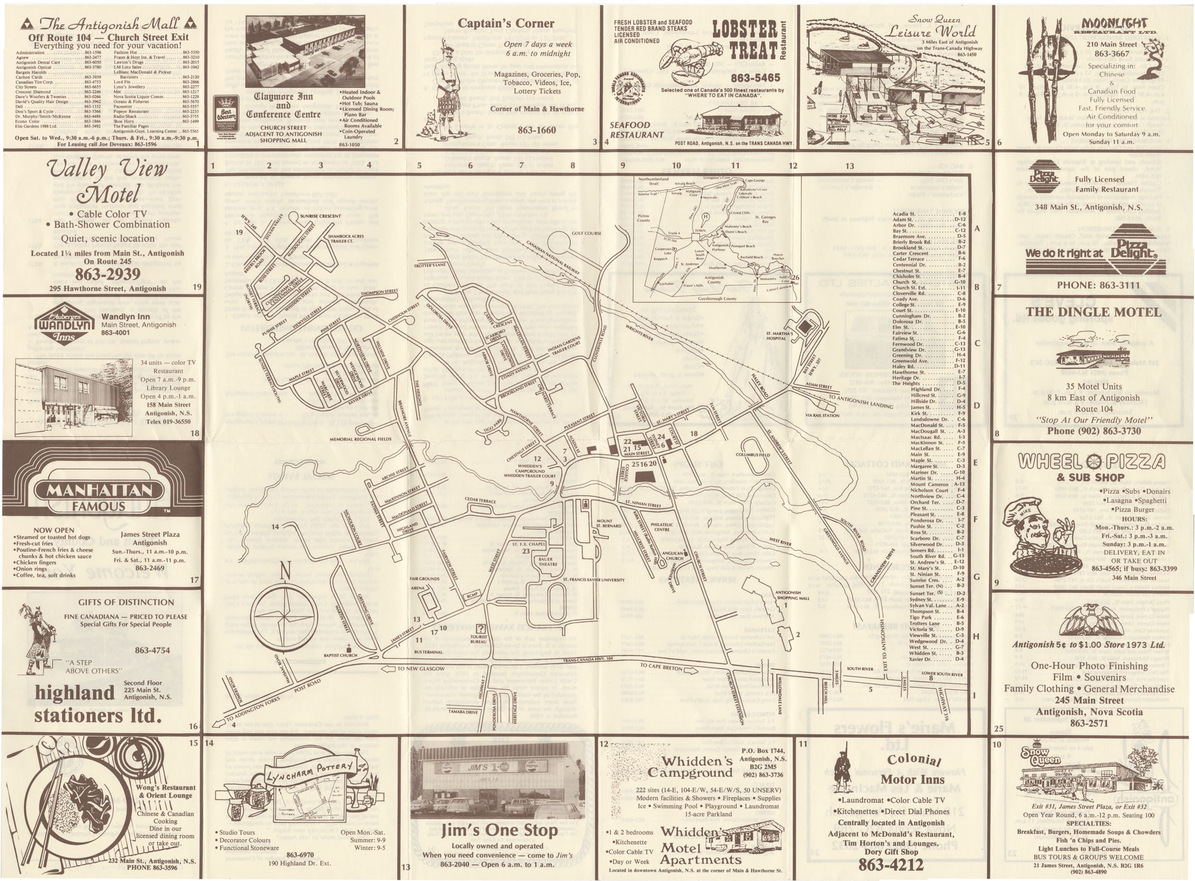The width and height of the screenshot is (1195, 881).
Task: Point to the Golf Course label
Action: pyautogui.click(x=586, y=233)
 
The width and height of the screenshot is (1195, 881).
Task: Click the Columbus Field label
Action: pyautogui.click(x=753, y=455)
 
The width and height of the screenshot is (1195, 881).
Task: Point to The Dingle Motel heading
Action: pyautogui.click(x=1093, y=312)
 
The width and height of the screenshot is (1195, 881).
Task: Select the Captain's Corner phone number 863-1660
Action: pyautogui.click(x=536, y=130)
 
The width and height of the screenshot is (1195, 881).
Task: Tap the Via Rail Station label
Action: pyautogui.click(x=822, y=415)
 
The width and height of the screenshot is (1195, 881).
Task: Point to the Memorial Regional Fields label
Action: pyautogui.click(x=360, y=439)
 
